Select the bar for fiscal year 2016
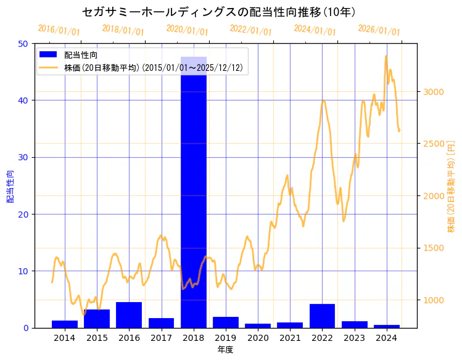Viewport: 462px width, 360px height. [x=129, y=315]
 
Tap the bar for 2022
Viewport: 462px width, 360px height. [x=322, y=316]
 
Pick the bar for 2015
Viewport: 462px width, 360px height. [x=97, y=319]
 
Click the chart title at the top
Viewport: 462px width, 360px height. [x=219, y=12]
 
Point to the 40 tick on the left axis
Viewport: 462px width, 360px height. [x=23, y=100]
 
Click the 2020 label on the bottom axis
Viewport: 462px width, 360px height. [x=258, y=338]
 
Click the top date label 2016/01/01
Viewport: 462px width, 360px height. [x=59, y=31]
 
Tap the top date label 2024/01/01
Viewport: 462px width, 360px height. [x=315, y=30]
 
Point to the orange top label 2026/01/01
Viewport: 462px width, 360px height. [x=379, y=31]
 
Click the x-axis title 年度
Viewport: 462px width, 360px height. [x=225, y=350]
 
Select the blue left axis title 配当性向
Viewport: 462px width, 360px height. [x=10, y=186]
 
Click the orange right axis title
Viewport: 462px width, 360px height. [x=451, y=186]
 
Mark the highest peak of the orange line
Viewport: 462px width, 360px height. [x=386, y=56]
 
